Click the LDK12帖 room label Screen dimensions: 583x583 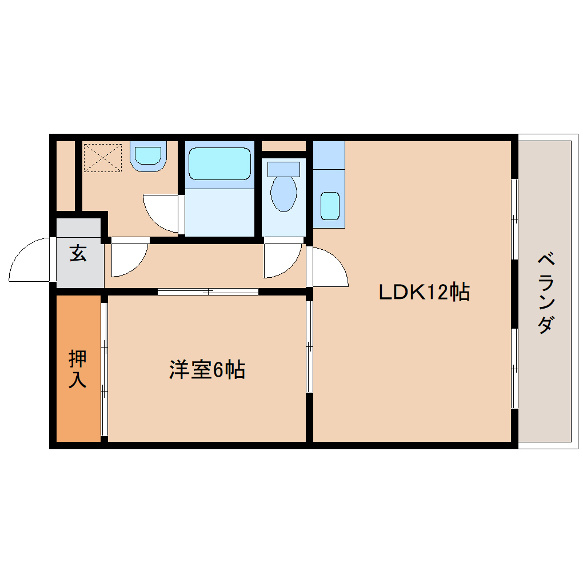424,292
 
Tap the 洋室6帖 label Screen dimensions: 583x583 207,370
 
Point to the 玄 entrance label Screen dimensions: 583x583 78,253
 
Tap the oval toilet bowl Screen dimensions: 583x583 283,193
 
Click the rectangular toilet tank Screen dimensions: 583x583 283,169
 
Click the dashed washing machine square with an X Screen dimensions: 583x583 103,157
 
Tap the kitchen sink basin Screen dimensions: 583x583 330,206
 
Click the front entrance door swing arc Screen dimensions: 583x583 31,260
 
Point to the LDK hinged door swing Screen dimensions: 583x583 328,266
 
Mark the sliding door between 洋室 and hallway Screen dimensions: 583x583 208,291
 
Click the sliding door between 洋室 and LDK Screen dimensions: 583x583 309,346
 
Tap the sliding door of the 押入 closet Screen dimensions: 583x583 104,369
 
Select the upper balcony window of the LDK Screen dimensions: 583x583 514,219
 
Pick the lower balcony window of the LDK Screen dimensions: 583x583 514,369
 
